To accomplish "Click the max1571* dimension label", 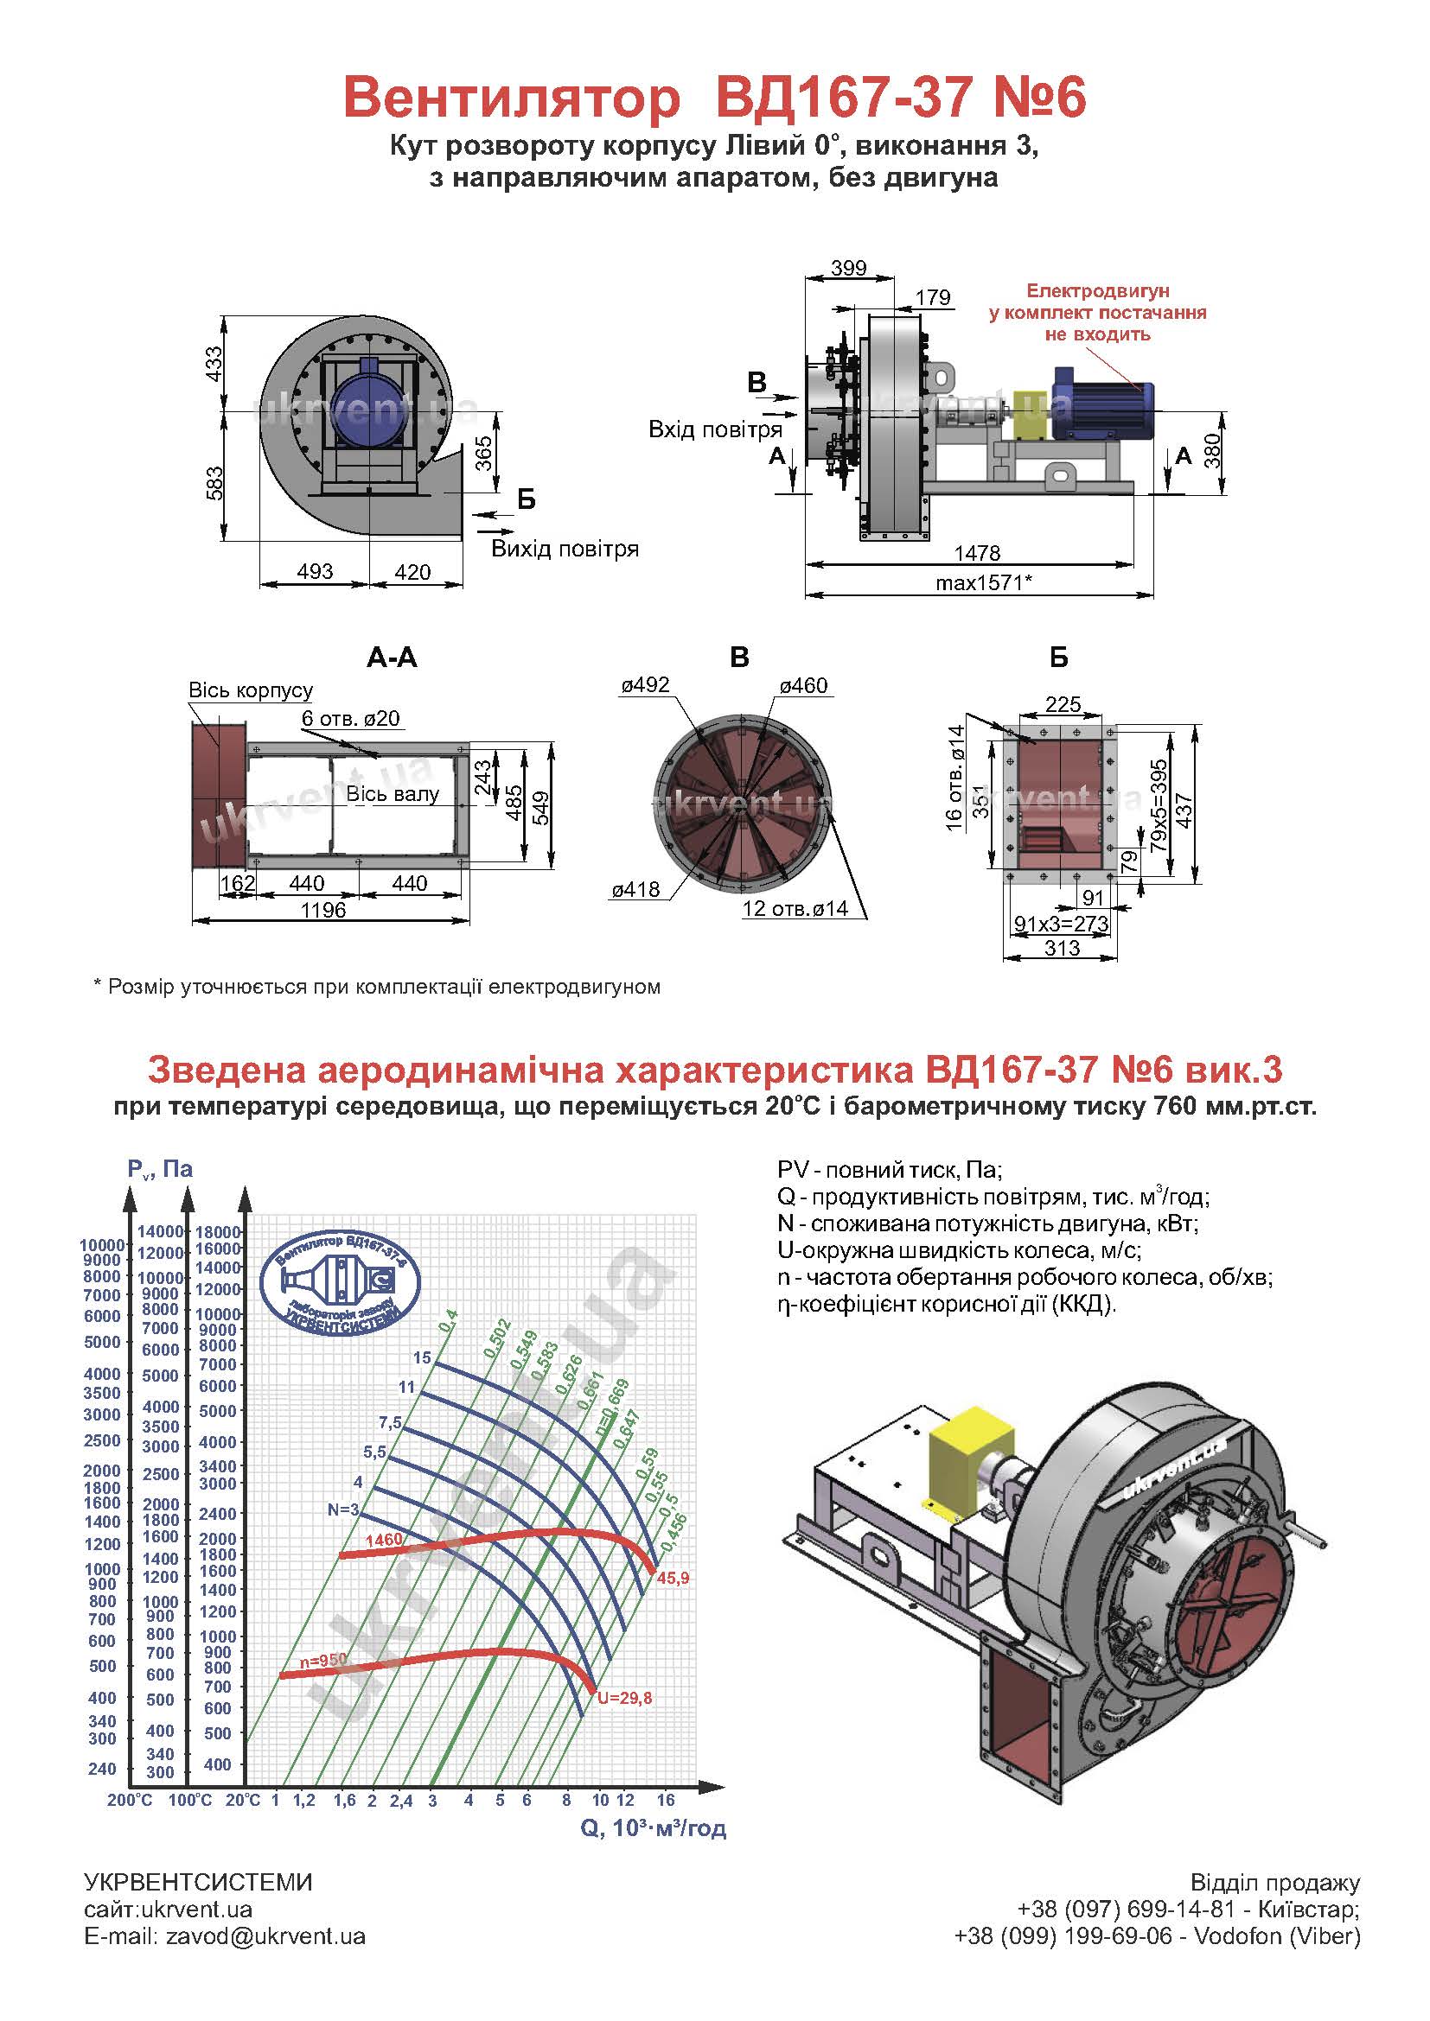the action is pyautogui.click(x=983, y=582).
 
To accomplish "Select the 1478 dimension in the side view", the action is pyautogui.click(x=978, y=553).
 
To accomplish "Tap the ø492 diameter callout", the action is pyautogui.click(x=646, y=685).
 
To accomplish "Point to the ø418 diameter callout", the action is pyautogui.click(x=635, y=890).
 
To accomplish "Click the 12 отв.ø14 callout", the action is pyautogui.click(x=795, y=908).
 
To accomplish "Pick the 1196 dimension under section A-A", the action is pyautogui.click(x=323, y=909).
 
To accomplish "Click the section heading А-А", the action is pyautogui.click(x=392, y=658).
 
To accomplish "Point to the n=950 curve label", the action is pyautogui.click(x=323, y=1660).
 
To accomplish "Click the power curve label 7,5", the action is pyautogui.click(x=390, y=1423).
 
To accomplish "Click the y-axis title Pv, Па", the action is pyautogui.click(x=160, y=1169).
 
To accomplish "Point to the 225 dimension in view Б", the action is pyautogui.click(x=1063, y=703).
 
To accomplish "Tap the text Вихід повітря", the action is pyautogui.click(x=565, y=550).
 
